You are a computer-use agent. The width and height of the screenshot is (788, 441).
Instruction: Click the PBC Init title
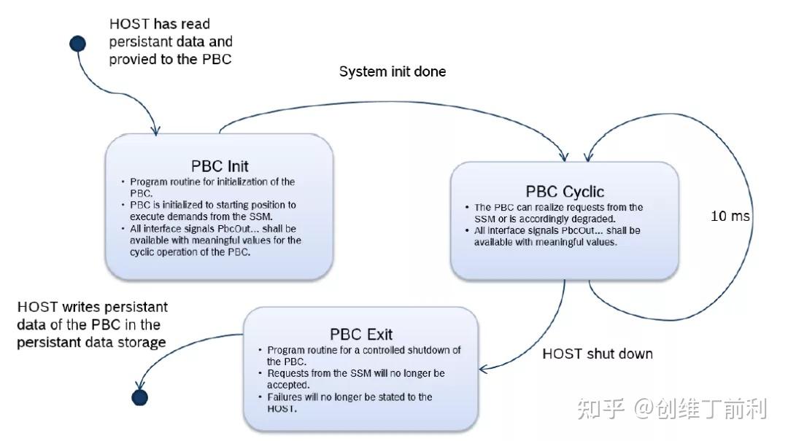220,166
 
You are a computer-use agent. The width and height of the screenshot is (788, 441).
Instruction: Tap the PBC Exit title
361,335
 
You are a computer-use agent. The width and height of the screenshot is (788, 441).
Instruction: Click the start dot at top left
77,44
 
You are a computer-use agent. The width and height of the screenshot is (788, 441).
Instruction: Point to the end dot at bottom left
139,397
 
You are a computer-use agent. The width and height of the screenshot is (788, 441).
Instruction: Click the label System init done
393,71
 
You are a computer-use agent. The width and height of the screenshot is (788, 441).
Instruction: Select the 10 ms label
730,216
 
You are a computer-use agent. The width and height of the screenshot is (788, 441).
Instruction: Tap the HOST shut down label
598,354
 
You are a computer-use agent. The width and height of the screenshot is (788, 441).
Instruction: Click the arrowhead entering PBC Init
155,130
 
